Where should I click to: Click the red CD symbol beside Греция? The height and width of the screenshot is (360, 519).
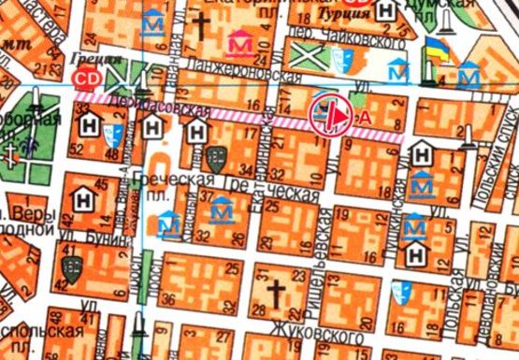click(x=89, y=78)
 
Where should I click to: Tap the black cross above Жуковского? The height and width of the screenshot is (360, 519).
click(x=275, y=295)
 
